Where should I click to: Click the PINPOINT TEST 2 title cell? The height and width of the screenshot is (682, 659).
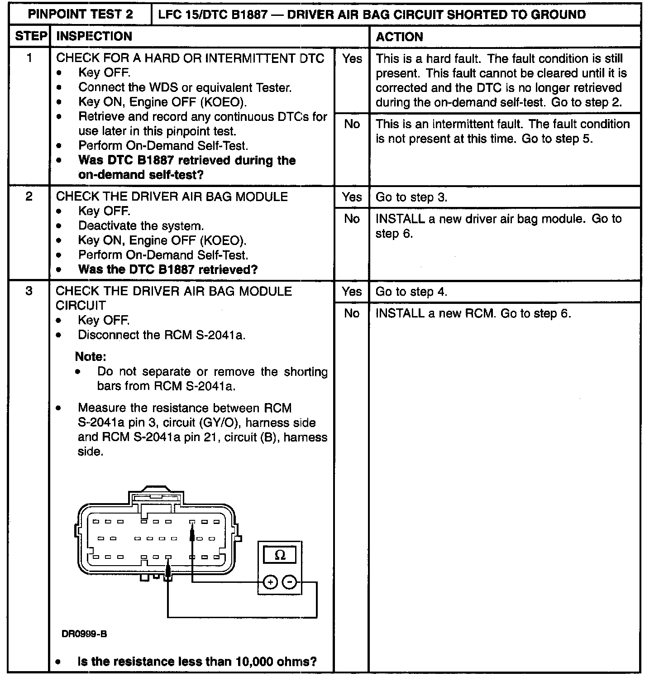(x=81, y=14)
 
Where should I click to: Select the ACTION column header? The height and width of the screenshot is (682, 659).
(x=399, y=37)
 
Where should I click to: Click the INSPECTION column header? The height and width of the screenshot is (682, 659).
(x=94, y=36)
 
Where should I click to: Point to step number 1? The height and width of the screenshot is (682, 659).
(x=29, y=58)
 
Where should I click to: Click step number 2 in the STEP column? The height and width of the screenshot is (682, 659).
(x=29, y=197)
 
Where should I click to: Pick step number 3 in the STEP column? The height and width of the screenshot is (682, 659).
(x=29, y=291)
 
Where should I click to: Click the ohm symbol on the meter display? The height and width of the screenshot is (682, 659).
(x=280, y=555)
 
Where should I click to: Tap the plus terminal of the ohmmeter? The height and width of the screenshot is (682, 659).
(x=270, y=582)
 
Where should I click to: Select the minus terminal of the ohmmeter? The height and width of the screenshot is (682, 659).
(x=290, y=582)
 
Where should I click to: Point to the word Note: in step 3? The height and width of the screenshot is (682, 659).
(x=91, y=357)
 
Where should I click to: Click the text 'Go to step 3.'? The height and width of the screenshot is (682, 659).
(x=411, y=197)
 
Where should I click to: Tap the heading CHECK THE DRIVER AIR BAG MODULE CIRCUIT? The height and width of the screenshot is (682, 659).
(x=174, y=298)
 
